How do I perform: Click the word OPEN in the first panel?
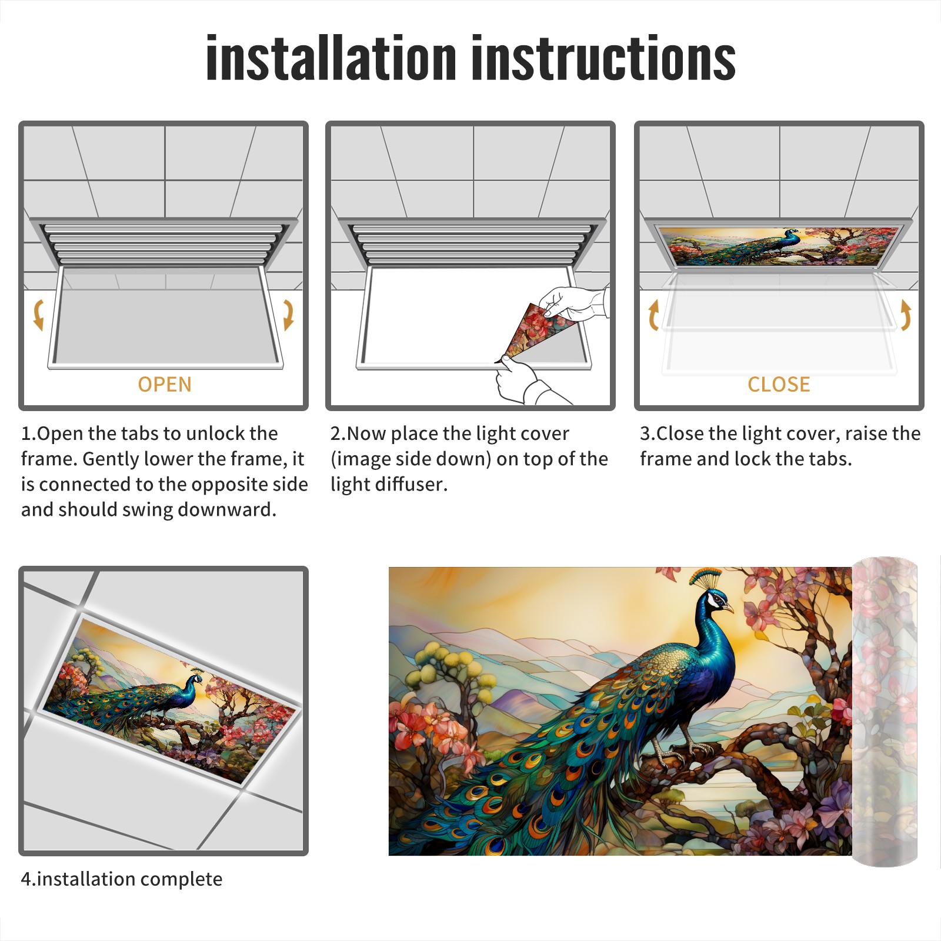(165, 385)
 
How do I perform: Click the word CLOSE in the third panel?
(779, 385)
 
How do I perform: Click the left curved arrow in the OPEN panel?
(38, 315)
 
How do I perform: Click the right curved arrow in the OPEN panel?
(288, 315)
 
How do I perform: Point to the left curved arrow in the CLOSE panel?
(653, 315)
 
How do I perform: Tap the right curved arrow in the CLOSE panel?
(905, 315)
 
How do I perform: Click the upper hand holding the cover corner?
(573, 303)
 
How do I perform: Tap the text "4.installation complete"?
(122, 879)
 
